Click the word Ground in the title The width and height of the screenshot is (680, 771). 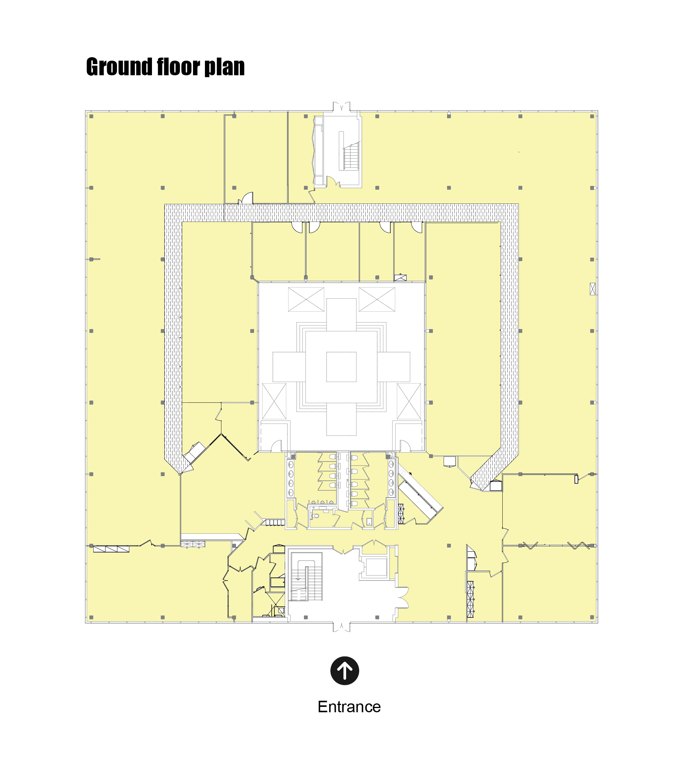click(119, 67)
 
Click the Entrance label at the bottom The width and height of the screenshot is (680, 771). click(349, 707)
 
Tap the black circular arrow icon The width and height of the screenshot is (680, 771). click(345, 671)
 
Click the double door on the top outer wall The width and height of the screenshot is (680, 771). click(342, 106)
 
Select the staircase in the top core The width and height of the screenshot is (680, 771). click(351, 156)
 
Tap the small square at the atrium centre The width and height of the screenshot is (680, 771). click(341, 367)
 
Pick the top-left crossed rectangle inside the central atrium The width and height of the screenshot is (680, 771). click(306, 299)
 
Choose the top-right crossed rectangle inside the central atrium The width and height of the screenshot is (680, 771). click(377, 299)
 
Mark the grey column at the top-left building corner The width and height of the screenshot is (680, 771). click(91, 116)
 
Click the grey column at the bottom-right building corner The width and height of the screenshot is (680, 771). click(592, 617)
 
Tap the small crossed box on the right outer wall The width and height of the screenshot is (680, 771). click(593, 289)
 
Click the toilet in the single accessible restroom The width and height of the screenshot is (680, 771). click(316, 516)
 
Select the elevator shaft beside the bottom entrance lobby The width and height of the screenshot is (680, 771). click(376, 567)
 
